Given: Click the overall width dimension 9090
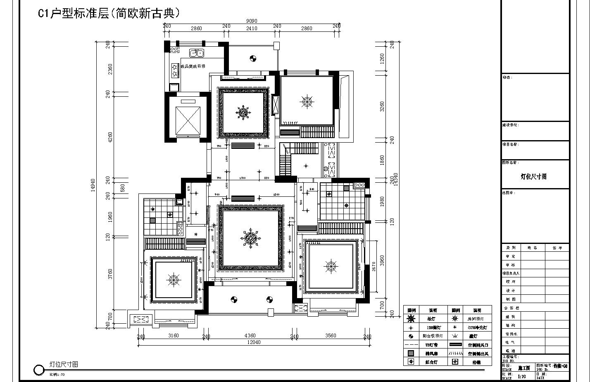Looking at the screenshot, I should point(252,21).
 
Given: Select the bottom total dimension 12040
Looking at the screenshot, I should point(254,342).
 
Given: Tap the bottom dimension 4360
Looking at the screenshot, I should point(250,336).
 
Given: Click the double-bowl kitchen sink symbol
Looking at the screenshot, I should point(196,53).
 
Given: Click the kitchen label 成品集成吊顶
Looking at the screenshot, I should point(193,66).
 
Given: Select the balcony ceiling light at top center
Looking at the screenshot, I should point(253,58).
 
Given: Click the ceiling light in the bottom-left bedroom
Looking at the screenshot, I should point(174,280).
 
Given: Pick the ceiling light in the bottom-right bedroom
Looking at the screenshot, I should point(331,267).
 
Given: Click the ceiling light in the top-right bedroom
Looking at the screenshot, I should point(307,102).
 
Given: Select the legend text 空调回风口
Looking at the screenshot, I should point(477,345).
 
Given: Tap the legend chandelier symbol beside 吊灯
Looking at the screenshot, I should point(411,319).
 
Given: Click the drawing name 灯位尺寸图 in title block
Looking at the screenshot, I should point(533,177).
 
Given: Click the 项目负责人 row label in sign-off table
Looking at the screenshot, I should point(511,273).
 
